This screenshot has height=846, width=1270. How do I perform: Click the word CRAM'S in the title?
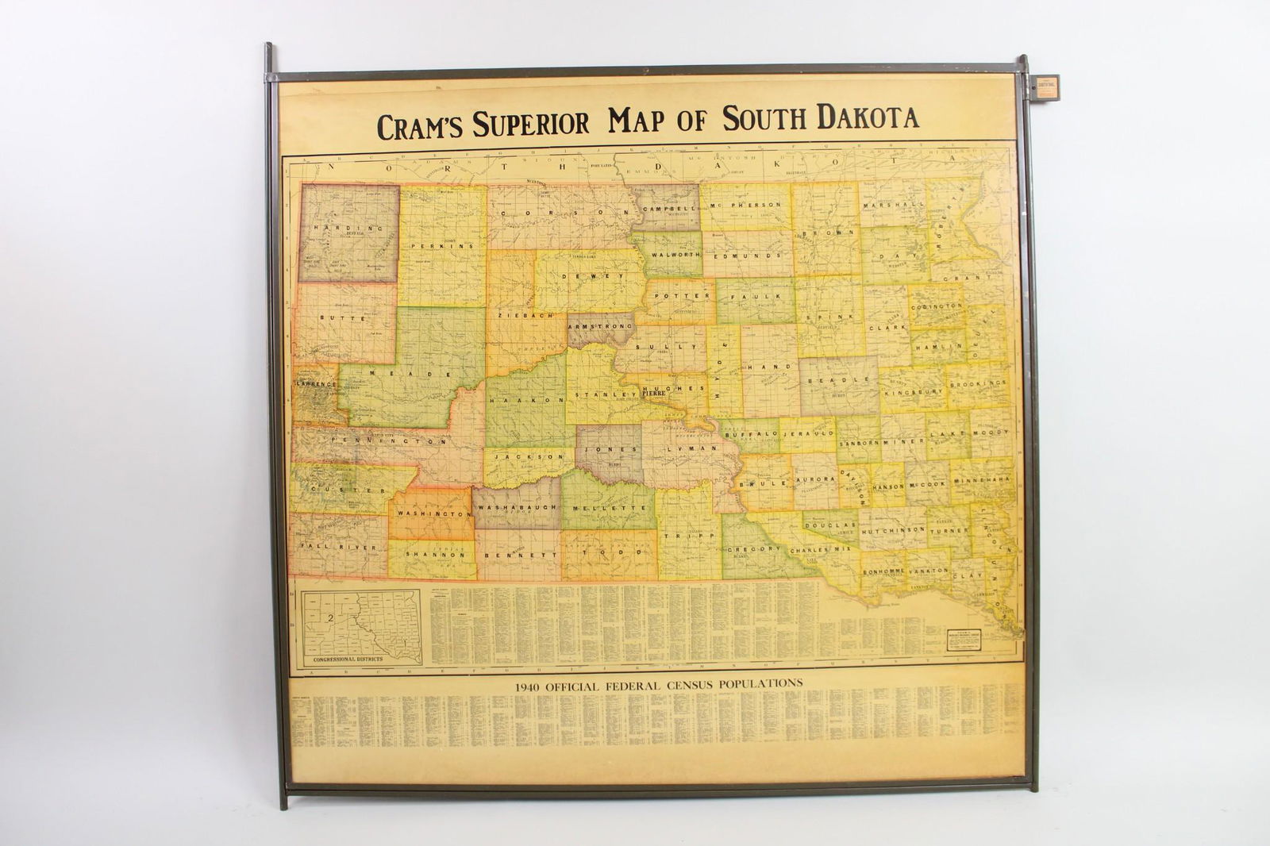pos(421,125)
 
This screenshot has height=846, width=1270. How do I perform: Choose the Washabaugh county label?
pos(517,506)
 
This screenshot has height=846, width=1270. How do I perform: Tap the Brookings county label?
pos(979,383)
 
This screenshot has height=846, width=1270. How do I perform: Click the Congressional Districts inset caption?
pos(348,659)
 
